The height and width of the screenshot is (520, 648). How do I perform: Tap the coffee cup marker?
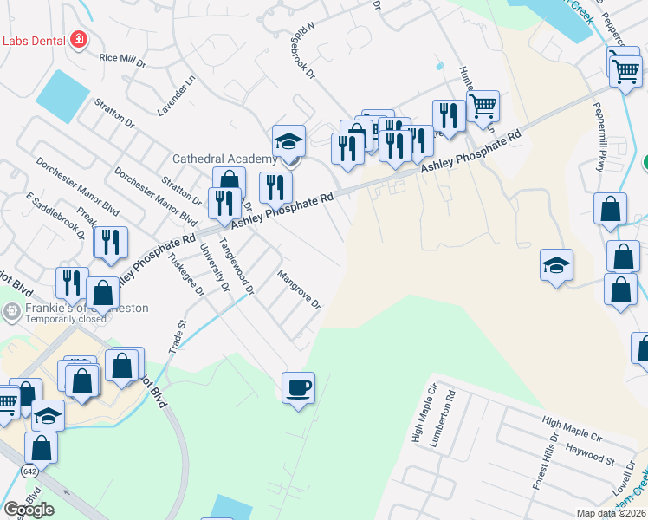click(298, 387)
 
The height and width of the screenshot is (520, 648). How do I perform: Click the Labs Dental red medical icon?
click(79, 40)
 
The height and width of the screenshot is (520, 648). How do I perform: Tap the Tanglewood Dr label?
click(237, 268)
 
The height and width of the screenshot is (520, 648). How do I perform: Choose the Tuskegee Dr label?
click(186, 275)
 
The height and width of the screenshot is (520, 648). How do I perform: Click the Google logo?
click(29, 510)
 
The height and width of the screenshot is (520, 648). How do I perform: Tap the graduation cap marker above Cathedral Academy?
click(289, 141)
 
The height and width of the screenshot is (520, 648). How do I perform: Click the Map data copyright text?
click(612, 513)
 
